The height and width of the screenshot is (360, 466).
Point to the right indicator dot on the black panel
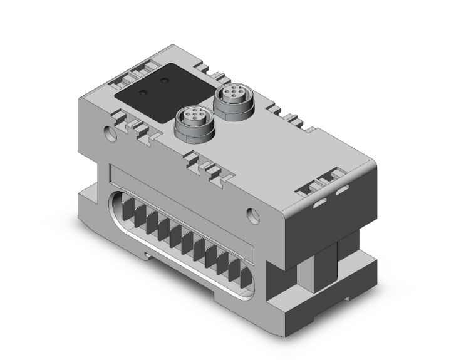pos(164,81)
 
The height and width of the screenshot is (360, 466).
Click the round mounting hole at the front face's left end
pos(111,133)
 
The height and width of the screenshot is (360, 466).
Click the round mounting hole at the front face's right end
pos(253,213)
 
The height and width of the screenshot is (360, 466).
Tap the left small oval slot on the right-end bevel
pos(319,202)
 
